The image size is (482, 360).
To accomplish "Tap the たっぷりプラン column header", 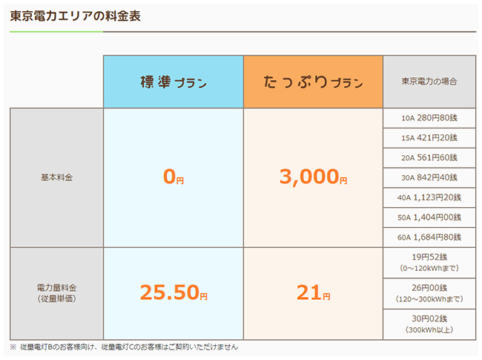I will pyautogui.click(x=312, y=82).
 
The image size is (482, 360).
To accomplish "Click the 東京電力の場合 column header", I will pyautogui.click(x=429, y=82).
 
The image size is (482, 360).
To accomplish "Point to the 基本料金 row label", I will pyautogui.click(x=56, y=178).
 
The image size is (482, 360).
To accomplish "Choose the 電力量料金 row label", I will pyautogui.click(x=56, y=293).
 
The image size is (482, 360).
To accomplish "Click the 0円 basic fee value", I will pyautogui.click(x=174, y=178).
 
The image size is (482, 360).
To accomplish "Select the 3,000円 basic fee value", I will pyautogui.click(x=312, y=178).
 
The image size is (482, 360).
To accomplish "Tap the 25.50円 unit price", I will pyautogui.click(x=174, y=294).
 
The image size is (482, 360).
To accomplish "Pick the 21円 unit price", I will pyautogui.click(x=312, y=294).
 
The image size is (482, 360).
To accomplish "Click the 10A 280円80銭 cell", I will pyautogui.click(x=429, y=118).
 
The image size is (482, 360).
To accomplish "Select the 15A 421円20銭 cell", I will pyautogui.click(x=429, y=138).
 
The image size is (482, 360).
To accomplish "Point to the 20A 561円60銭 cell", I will pyautogui.click(x=429, y=158).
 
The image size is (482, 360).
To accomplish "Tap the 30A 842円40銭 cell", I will pyautogui.click(x=429, y=178).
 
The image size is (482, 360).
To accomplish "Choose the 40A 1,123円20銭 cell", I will pyautogui.click(x=429, y=197).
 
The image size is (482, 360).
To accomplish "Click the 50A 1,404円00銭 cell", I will pyautogui.click(x=429, y=217).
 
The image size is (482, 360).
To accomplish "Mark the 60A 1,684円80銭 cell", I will pyautogui.click(x=429, y=238).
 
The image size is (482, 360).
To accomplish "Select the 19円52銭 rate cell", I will pyautogui.click(x=429, y=262).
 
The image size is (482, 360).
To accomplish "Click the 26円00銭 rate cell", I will pyautogui.click(x=429, y=293).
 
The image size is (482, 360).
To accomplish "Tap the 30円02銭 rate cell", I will pyautogui.click(x=429, y=324).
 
